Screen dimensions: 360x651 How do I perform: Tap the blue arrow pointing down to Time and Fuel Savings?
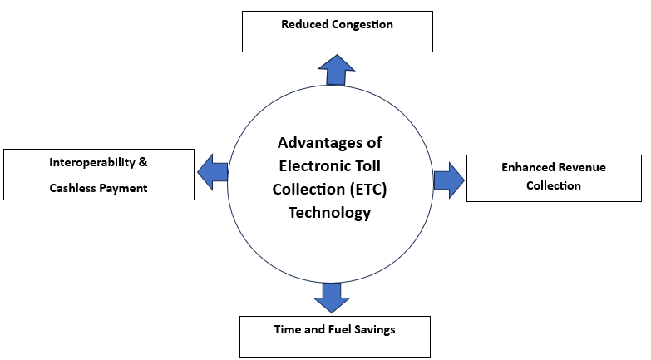(331, 296)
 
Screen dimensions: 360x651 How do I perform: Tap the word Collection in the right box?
(554, 185)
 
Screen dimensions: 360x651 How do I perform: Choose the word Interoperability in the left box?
(91, 162)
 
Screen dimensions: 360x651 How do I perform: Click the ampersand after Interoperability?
(143, 162)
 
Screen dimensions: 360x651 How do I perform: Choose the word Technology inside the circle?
(329, 213)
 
